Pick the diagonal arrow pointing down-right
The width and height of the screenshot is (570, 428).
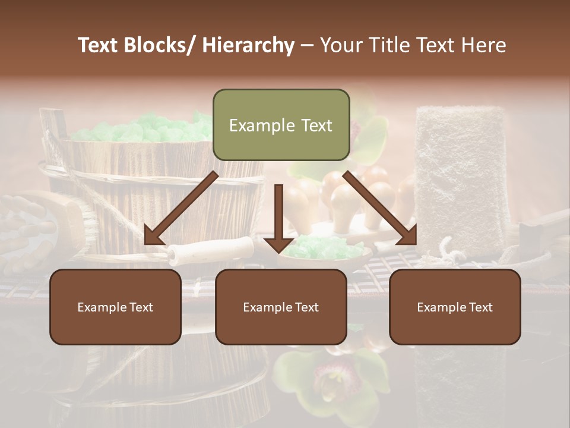tap(381, 209)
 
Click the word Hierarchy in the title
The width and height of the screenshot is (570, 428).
tap(248, 45)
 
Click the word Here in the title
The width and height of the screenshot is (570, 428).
tap(484, 45)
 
